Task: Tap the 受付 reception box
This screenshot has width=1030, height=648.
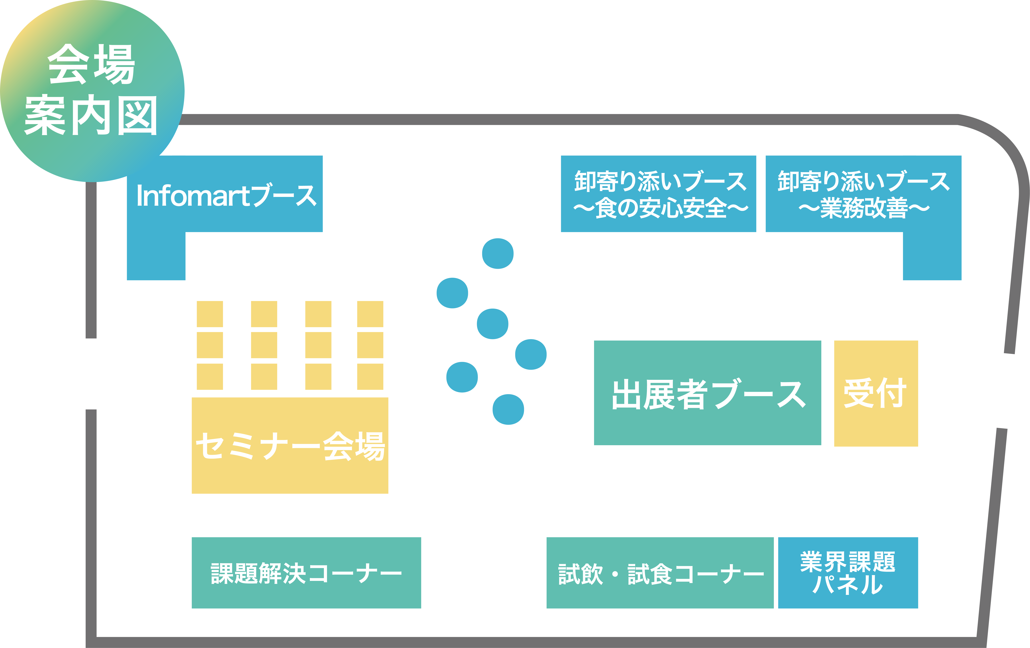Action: (x=876, y=393)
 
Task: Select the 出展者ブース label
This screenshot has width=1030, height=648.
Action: (x=708, y=394)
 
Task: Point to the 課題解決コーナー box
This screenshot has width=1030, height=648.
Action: (x=306, y=573)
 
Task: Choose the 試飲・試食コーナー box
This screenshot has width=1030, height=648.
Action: (x=660, y=573)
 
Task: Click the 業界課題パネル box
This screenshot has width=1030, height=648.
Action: (x=848, y=573)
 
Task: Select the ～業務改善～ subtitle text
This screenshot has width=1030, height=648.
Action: (x=864, y=208)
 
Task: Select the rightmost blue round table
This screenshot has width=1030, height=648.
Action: (x=531, y=354)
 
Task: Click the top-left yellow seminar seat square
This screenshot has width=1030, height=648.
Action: (x=210, y=314)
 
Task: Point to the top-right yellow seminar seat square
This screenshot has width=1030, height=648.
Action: (x=370, y=314)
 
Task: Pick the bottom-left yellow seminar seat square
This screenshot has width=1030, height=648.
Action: (x=210, y=377)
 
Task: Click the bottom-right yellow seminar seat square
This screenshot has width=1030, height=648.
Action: (x=370, y=377)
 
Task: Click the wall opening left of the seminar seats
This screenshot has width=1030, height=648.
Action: (x=91, y=374)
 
